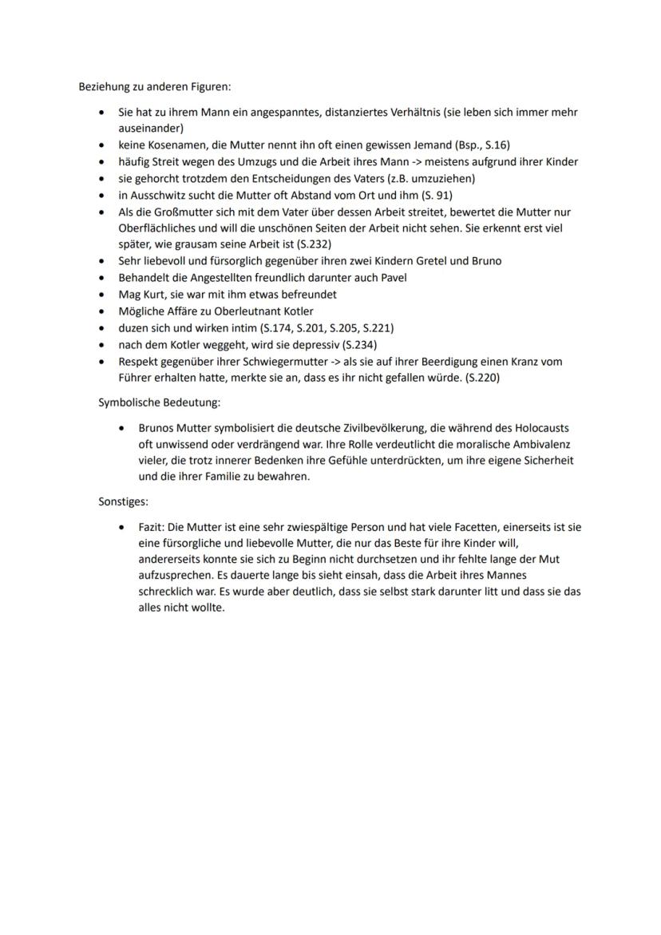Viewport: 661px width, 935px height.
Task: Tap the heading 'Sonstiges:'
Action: (x=123, y=502)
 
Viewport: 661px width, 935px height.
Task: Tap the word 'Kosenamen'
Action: (x=170, y=145)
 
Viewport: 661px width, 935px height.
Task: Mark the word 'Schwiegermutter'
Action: (x=273, y=362)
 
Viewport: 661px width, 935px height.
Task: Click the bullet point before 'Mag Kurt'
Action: (x=101, y=295)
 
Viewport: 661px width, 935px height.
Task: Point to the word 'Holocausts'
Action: (x=541, y=428)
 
